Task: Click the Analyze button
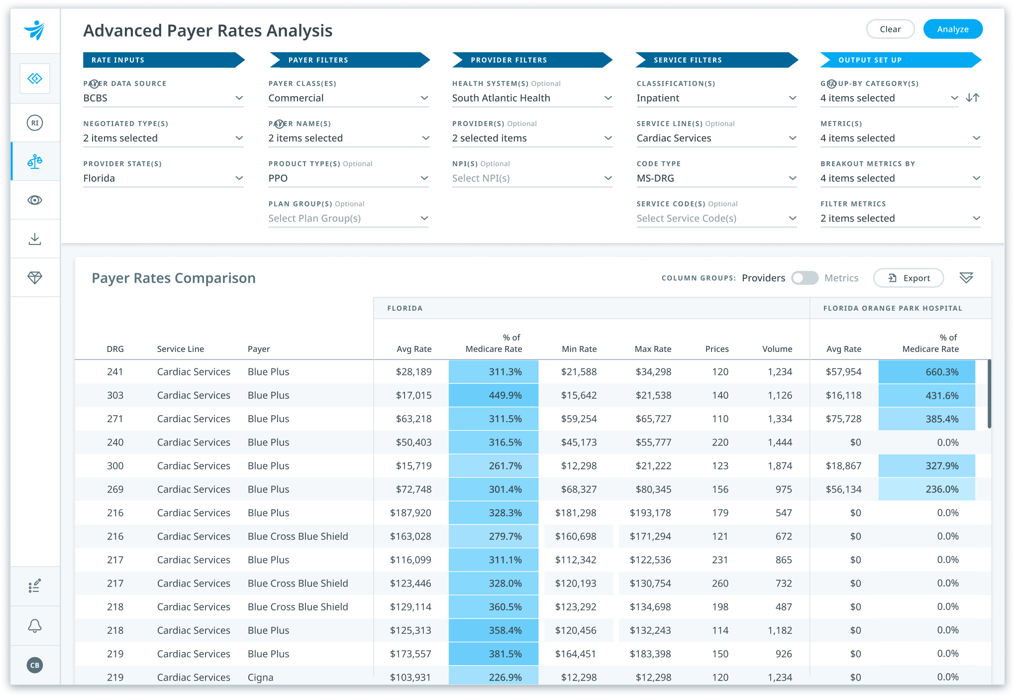point(952,29)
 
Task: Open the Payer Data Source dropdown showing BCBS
point(163,98)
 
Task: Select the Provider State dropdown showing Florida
point(163,178)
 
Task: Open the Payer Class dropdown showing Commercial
point(348,98)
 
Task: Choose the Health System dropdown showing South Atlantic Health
point(531,98)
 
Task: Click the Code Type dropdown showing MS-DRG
point(716,178)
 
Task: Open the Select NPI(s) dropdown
point(531,178)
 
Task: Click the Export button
point(909,278)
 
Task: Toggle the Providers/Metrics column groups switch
point(805,278)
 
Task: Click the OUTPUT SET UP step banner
point(900,60)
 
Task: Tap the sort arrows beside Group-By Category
point(973,98)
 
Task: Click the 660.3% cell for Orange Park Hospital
point(926,372)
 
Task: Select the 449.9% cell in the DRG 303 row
point(493,395)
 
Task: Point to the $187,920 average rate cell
point(410,513)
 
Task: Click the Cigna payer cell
point(261,677)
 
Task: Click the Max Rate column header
point(652,349)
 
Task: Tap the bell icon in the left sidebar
point(35,626)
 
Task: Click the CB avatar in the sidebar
point(35,665)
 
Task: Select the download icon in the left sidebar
point(35,239)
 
